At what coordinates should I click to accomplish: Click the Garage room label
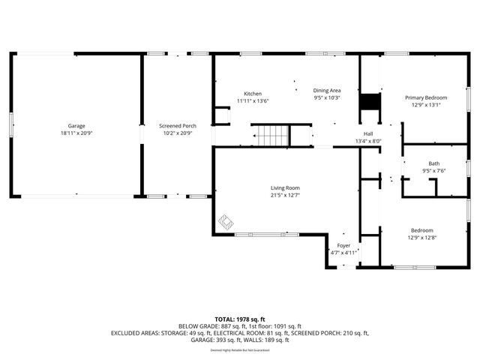coord(76,125)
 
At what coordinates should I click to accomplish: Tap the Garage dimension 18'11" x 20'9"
coord(76,133)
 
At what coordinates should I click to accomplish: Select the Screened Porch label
coord(178,125)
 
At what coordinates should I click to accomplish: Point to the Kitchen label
coord(252,94)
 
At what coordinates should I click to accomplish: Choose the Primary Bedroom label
coord(426,97)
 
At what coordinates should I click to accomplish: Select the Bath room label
coord(434,163)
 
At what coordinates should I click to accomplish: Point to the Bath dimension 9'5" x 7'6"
coord(434,171)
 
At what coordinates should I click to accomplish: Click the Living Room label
coord(285,188)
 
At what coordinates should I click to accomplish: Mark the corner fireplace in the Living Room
coord(226,222)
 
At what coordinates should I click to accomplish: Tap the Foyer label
coord(343,245)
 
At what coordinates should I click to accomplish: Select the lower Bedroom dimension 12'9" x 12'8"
coord(421,238)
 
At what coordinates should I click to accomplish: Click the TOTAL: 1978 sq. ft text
coord(240,319)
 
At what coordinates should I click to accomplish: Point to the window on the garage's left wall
coord(11,124)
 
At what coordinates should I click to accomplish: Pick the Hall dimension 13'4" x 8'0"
coord(367,141)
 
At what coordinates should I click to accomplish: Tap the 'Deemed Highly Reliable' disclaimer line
coord(240,349)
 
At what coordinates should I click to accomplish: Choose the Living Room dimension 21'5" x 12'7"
coord(285,196)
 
